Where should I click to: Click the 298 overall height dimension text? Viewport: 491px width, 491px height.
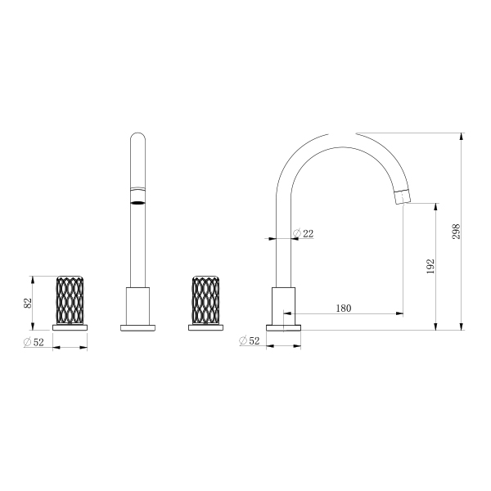[456, 232]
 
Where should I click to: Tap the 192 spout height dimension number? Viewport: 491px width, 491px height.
[431, 266]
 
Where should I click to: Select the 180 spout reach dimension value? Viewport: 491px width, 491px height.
[344, 309]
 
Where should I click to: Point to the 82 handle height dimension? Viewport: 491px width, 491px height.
[28, 303]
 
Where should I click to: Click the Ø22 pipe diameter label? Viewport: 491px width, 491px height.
[303, 233]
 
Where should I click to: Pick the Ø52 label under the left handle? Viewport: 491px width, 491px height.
[34, 342]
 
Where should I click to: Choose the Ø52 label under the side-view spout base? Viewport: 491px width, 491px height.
[250, 340]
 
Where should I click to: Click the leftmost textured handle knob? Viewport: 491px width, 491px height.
[70, 300]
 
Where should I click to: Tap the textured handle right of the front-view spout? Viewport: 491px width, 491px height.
[205, 300]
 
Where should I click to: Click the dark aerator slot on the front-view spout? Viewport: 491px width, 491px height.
[137, 203]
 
